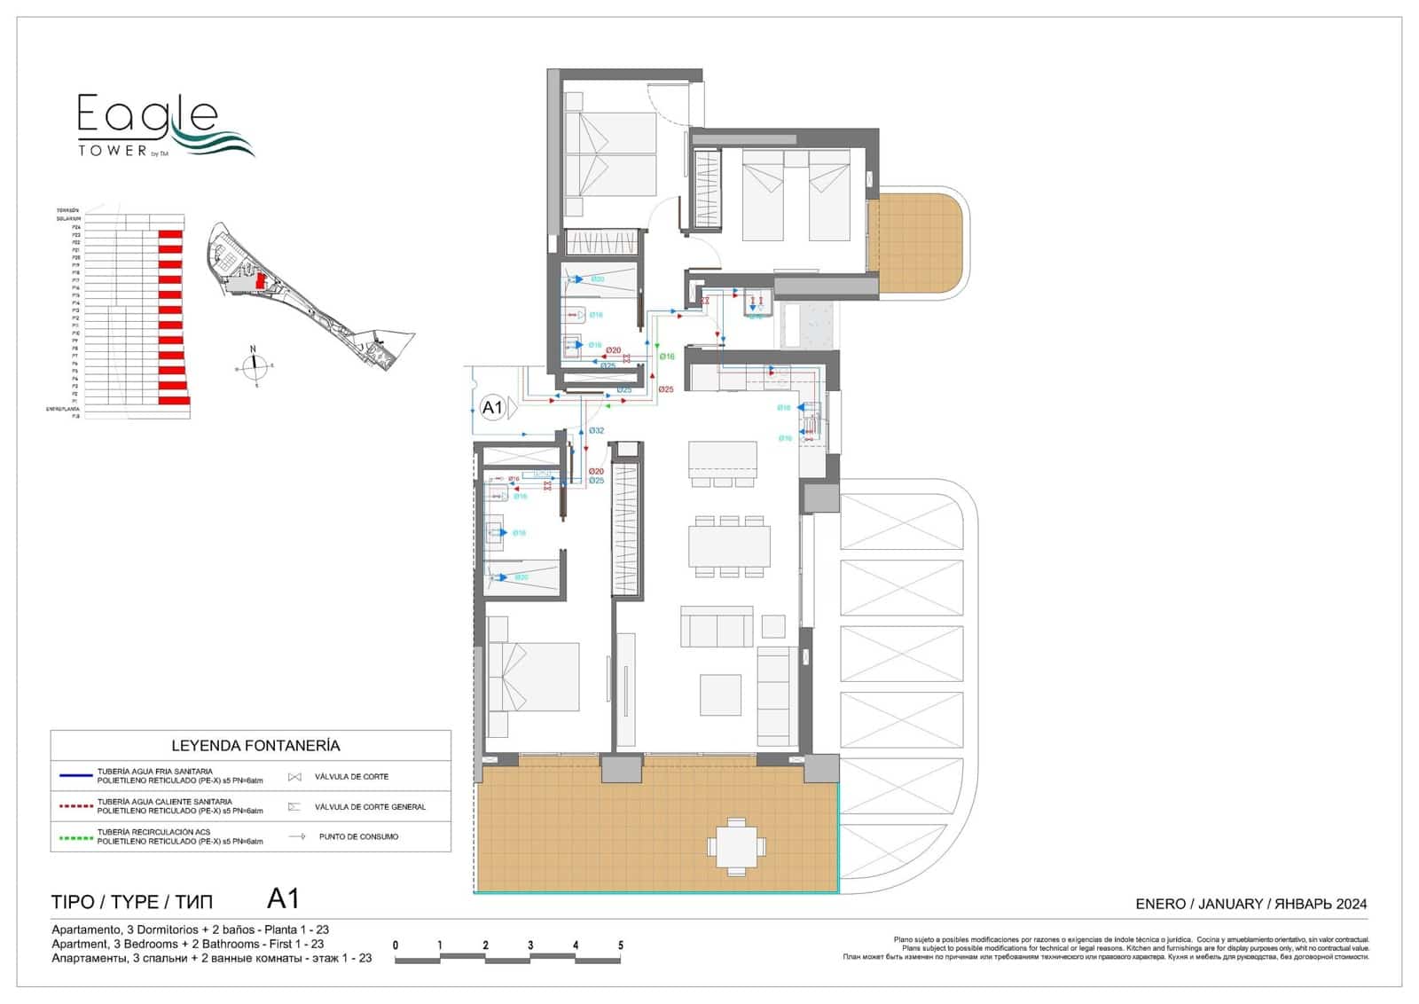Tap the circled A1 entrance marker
[492, 408]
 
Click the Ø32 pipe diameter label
[597, 431]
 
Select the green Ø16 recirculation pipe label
[667, 357]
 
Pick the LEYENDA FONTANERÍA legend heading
[255, 746]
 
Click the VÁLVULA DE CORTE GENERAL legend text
[370, 807]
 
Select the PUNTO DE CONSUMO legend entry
[358, 836]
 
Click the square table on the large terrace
[736, 847]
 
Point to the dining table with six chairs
[729, 546]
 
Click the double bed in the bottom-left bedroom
[532, 677]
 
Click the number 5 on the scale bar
[621, 945]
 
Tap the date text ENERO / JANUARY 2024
[1250, 904]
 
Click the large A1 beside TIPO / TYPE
[283, 899]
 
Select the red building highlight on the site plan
[260, 280]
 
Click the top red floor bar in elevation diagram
[171, 234]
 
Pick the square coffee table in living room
[720, 694]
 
